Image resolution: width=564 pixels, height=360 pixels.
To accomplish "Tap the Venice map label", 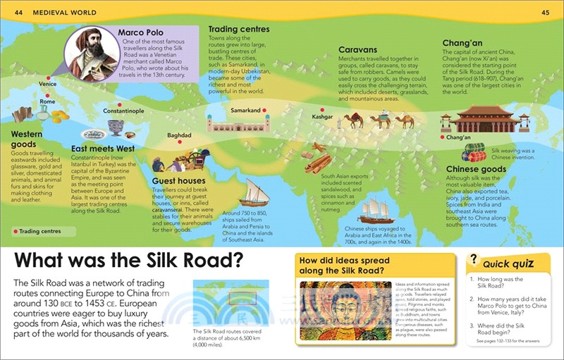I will click(x=48, y=84).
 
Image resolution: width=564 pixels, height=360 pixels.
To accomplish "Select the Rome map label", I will click(x=47, y=101).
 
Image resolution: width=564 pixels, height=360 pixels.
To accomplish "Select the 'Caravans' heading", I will click(x=360, y=51).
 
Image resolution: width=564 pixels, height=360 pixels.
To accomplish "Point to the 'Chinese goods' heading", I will click(x=476, y=170).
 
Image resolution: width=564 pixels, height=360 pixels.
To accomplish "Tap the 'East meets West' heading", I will click(x=104, y=149).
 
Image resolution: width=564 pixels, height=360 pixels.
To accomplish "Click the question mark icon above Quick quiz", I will click(x=475, y=260).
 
